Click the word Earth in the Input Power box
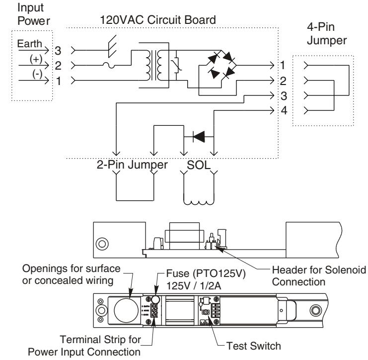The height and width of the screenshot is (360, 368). [30, 44]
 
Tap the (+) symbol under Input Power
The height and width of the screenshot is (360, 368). [36, 59]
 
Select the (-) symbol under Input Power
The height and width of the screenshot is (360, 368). [37, 74]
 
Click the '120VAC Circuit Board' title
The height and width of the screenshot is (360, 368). [158, 20]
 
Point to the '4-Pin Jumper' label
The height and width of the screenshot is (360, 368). [327, 34]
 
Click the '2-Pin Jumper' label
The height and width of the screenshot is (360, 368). [132, 165]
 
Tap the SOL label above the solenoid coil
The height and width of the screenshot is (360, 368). [199, 165]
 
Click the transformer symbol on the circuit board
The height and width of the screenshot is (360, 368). [154, 65]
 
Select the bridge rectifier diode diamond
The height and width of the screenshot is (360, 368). [221, 65]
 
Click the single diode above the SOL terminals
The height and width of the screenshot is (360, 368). [199, 137]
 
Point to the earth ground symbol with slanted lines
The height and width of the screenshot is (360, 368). [112, 46]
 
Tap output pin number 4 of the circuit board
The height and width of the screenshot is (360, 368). [284, 110]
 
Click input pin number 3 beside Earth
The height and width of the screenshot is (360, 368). [58, 51]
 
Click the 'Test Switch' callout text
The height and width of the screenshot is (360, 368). [253, 346]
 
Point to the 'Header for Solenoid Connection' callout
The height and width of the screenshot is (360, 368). [319, 276]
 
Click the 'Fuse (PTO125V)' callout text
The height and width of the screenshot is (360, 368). [206, 273]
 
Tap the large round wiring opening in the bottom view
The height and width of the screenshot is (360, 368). [126, 310]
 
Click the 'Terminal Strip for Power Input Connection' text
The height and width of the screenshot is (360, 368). [84, 346]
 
